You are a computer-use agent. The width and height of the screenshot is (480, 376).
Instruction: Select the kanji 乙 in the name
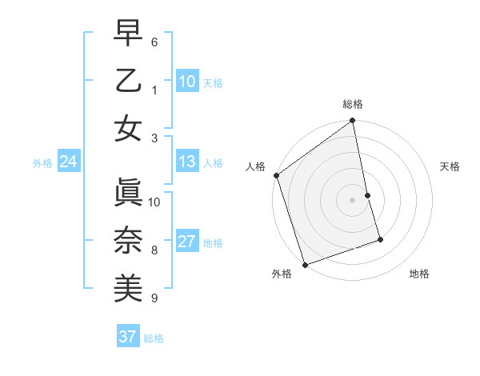[x=128, y=82]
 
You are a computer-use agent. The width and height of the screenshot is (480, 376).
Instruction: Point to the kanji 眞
[x=128, y=192]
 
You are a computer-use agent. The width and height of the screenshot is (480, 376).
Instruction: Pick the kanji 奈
[x=128, y=240]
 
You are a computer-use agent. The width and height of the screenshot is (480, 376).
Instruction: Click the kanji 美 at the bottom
[x=128, y=287]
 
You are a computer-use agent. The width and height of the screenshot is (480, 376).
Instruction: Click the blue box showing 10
[x=186, y=82]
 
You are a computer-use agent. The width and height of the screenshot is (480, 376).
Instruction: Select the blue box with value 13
[x=186, y=162]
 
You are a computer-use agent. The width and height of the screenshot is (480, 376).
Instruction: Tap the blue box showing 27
[x=186, y=242]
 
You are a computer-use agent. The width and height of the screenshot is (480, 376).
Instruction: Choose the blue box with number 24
[x=68, y=162]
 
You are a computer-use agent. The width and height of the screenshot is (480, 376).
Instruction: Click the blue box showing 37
[x=127, y=337]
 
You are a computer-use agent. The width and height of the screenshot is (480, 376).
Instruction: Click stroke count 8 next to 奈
[x=154, y=250]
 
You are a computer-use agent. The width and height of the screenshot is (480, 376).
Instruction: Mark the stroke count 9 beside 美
[x=154, y=298]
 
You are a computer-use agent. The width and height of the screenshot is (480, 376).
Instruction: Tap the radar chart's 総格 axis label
[x=353, y=104]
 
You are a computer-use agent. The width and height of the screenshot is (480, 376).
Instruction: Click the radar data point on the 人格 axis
[x=276, y=175]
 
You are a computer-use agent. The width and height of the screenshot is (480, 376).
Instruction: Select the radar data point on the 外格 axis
[x=305, y=264]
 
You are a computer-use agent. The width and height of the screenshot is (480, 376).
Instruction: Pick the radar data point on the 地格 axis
[x=380, y=239]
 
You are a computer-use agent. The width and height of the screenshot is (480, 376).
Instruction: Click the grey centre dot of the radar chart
[x=353, y=199]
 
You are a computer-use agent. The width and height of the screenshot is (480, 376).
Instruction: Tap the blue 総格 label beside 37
[x=154, y=338]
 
